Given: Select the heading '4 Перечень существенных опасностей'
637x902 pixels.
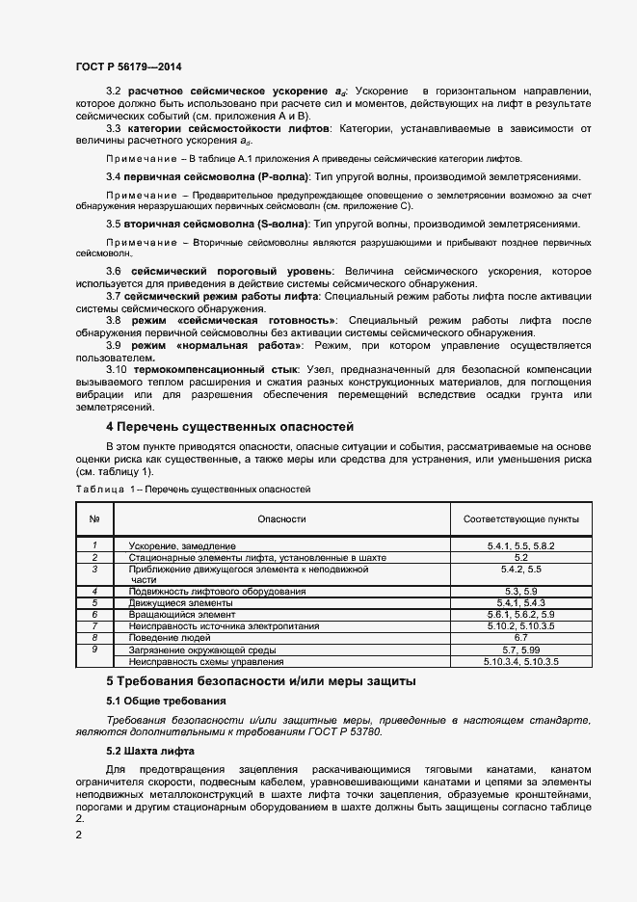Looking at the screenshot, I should (229, 426).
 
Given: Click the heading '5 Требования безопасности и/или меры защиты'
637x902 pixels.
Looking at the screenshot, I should (260, 681).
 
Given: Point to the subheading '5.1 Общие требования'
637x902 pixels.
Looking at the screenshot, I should (166, 701).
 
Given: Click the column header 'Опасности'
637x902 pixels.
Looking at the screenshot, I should (281, 518).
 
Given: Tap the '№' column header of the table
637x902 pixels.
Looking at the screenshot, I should (94, 518).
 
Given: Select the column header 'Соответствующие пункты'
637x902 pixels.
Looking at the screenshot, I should (520, 518).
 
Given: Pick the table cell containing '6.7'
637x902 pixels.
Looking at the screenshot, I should (520, 638).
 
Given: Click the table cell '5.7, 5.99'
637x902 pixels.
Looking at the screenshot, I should (520, 650).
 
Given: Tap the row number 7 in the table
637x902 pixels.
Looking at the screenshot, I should (94, 625).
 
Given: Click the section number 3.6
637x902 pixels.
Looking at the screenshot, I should (113, 272).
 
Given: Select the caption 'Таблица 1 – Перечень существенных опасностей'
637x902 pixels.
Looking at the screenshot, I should (193, 490).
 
